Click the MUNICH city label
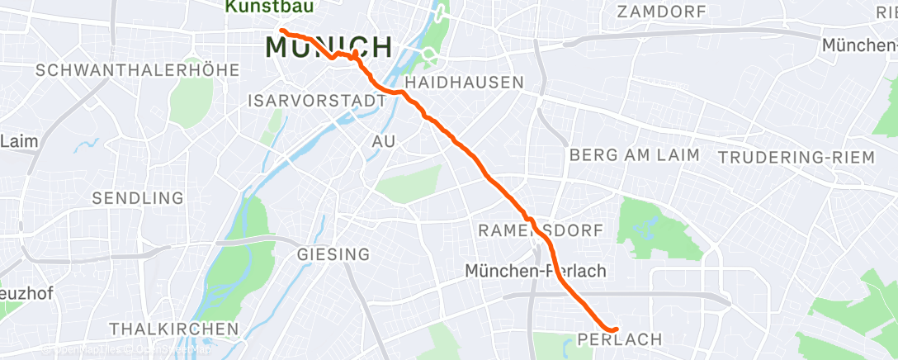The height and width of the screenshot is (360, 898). (328, 47)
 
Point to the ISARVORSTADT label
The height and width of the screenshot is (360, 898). (317, 101)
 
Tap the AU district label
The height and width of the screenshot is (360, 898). (384, 142)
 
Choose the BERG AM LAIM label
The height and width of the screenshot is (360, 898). (634, 154)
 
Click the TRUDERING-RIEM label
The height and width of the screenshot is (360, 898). (796, 158)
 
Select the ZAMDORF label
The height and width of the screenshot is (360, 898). (662, 12)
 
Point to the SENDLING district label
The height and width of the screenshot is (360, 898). (138, 198)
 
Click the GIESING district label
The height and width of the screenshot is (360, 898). (333, 254)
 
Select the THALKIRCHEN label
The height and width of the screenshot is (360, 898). (173, 329)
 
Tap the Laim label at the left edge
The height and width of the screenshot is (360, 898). (19, 140)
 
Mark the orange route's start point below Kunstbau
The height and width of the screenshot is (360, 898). (282, 31)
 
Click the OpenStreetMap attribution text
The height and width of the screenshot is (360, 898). (173, 350)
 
